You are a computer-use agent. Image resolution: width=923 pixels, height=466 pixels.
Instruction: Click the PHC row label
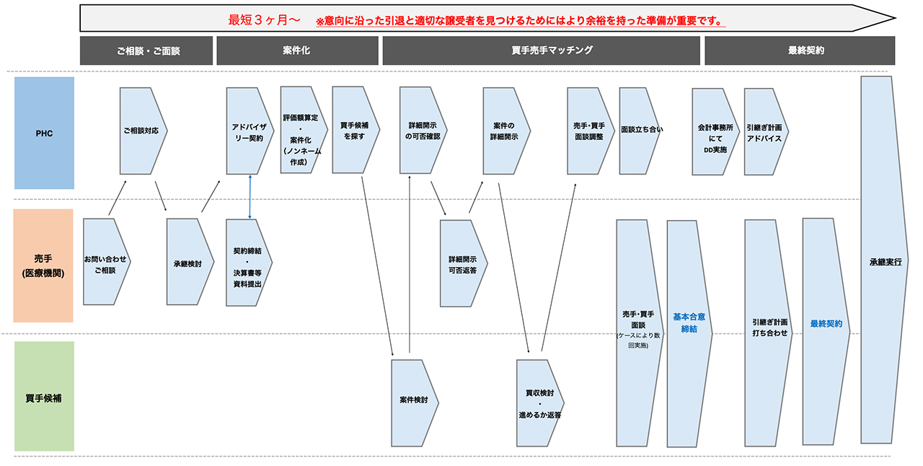[45, 133]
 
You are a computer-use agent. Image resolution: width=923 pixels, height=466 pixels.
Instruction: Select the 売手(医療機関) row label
[43, 265]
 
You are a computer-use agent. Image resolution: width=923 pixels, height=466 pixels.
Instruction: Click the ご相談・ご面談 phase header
[146, 50]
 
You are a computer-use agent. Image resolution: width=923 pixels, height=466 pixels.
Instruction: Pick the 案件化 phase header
[297, 50]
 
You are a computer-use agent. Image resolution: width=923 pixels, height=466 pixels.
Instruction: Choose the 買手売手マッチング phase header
[541, 50]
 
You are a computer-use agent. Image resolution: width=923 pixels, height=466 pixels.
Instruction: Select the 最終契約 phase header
[800, 50]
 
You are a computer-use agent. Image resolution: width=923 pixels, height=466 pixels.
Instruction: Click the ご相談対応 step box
[142, 131]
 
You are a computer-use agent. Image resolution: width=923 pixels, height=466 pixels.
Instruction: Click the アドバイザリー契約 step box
[247, 131]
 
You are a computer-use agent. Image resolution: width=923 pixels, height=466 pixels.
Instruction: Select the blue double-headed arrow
[249, 196]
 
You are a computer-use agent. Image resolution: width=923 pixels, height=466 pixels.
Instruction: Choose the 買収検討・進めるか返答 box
[539, 403]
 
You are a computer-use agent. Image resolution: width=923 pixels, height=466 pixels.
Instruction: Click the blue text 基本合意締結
[689, 322]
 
